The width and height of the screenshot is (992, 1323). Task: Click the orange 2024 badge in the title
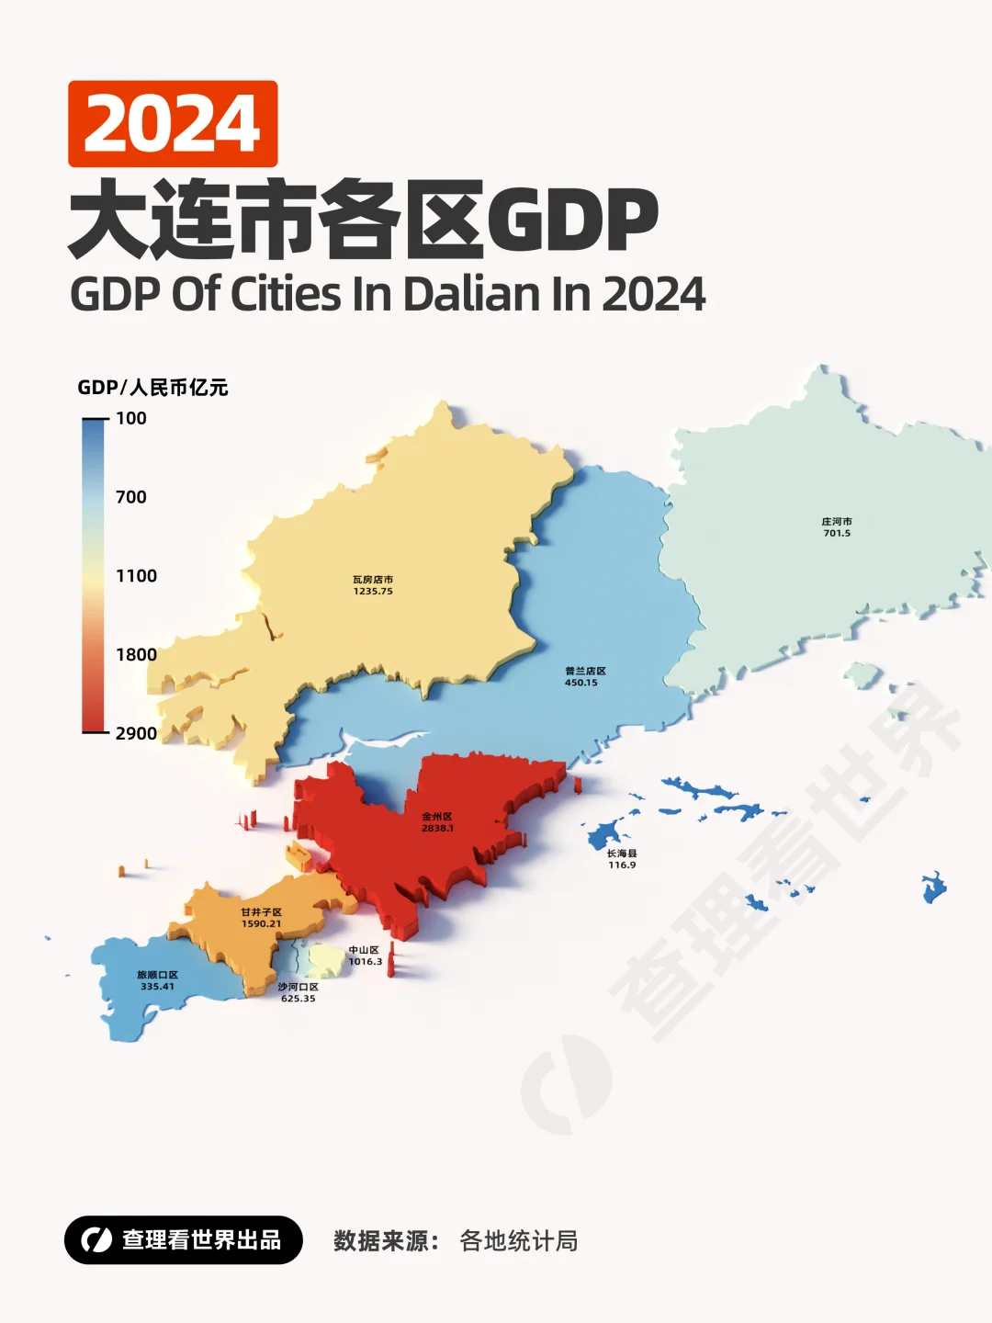pos(173,124)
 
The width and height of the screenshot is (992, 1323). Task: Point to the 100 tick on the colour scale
pos(130,419)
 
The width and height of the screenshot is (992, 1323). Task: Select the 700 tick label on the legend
pos(130,497)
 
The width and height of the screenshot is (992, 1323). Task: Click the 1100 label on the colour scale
pos(136,576)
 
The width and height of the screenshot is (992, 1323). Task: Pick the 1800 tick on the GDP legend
pos(136,655)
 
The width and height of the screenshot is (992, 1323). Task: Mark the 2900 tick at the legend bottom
pos(136,733)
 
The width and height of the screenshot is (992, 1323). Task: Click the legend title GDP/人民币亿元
pos(152,388)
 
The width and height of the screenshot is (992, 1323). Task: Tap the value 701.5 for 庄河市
pos(837,534)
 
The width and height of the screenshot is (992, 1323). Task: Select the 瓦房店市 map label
pos(373,580)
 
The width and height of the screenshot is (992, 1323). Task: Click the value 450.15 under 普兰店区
pos(581,683)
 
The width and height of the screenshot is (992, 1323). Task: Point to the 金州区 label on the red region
pos(437,816)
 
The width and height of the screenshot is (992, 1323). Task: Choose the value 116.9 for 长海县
pos(622,865)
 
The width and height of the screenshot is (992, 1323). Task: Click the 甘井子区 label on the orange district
pos(262,912)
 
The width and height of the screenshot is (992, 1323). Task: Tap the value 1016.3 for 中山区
pos(366,962)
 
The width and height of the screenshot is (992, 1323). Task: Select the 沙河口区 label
pos(299,987)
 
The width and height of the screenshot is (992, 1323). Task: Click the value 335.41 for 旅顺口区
pos(157,987)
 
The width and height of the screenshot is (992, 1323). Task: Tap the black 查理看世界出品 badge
pos(184,1240)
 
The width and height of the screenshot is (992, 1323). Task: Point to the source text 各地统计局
pos(519,1241)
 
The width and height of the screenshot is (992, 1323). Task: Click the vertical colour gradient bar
pos(93,576)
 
